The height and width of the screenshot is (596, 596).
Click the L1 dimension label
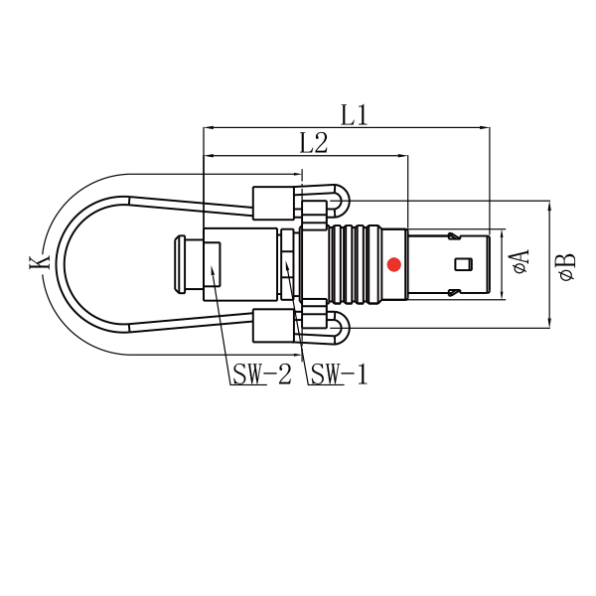point(355,115)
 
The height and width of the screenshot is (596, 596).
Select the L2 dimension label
point(314,143)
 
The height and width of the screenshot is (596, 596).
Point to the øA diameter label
point(521,261)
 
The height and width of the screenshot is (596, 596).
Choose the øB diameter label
point(567,267)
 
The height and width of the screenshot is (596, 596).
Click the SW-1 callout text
point(340,374)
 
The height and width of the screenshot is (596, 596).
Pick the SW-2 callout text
point(262,374)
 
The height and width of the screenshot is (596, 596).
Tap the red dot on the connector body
point(394,264)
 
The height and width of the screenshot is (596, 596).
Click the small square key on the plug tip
point(464,264)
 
